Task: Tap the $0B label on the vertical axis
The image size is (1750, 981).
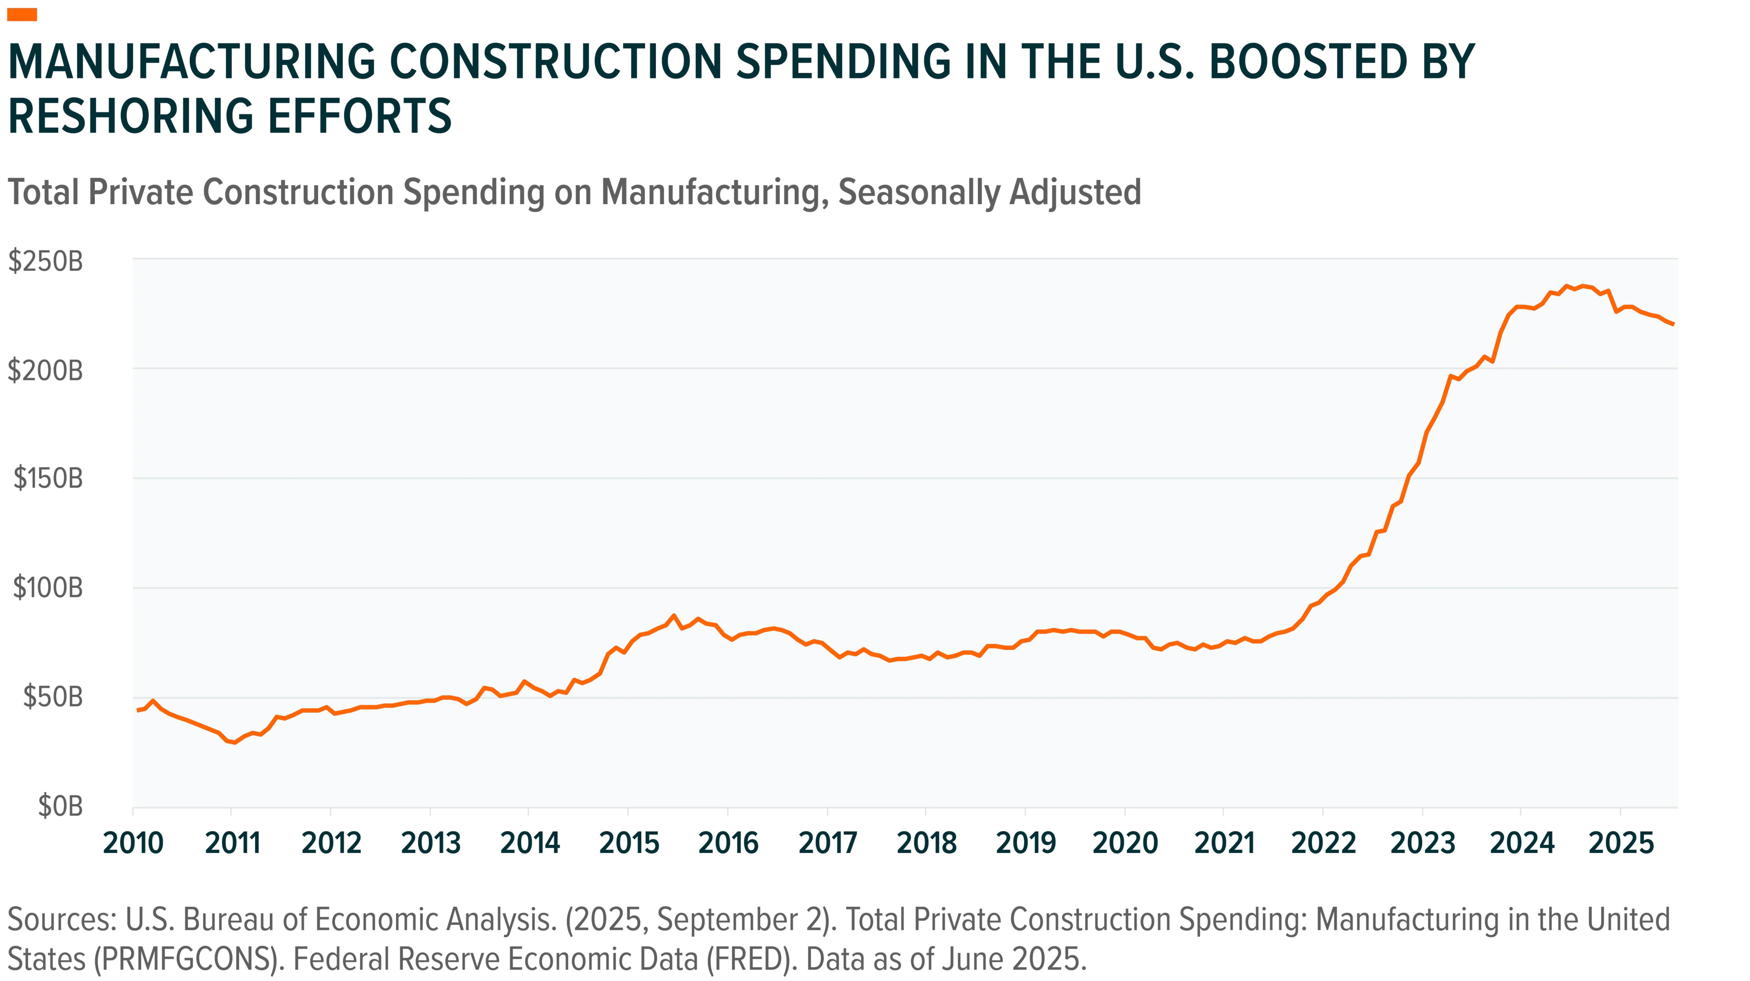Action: coord(61,806)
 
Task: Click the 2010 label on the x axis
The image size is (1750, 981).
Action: coord(133,843)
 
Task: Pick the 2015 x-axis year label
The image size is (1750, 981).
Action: coord(629,843)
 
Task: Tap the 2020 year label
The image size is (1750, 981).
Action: coord(1125,843)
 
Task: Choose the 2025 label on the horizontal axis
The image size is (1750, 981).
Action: coord(1621,843)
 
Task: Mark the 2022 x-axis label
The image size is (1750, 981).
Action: coord(1323,843)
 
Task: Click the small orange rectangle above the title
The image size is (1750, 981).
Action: coord(22,14)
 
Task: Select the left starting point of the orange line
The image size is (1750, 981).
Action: coord(138,710)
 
